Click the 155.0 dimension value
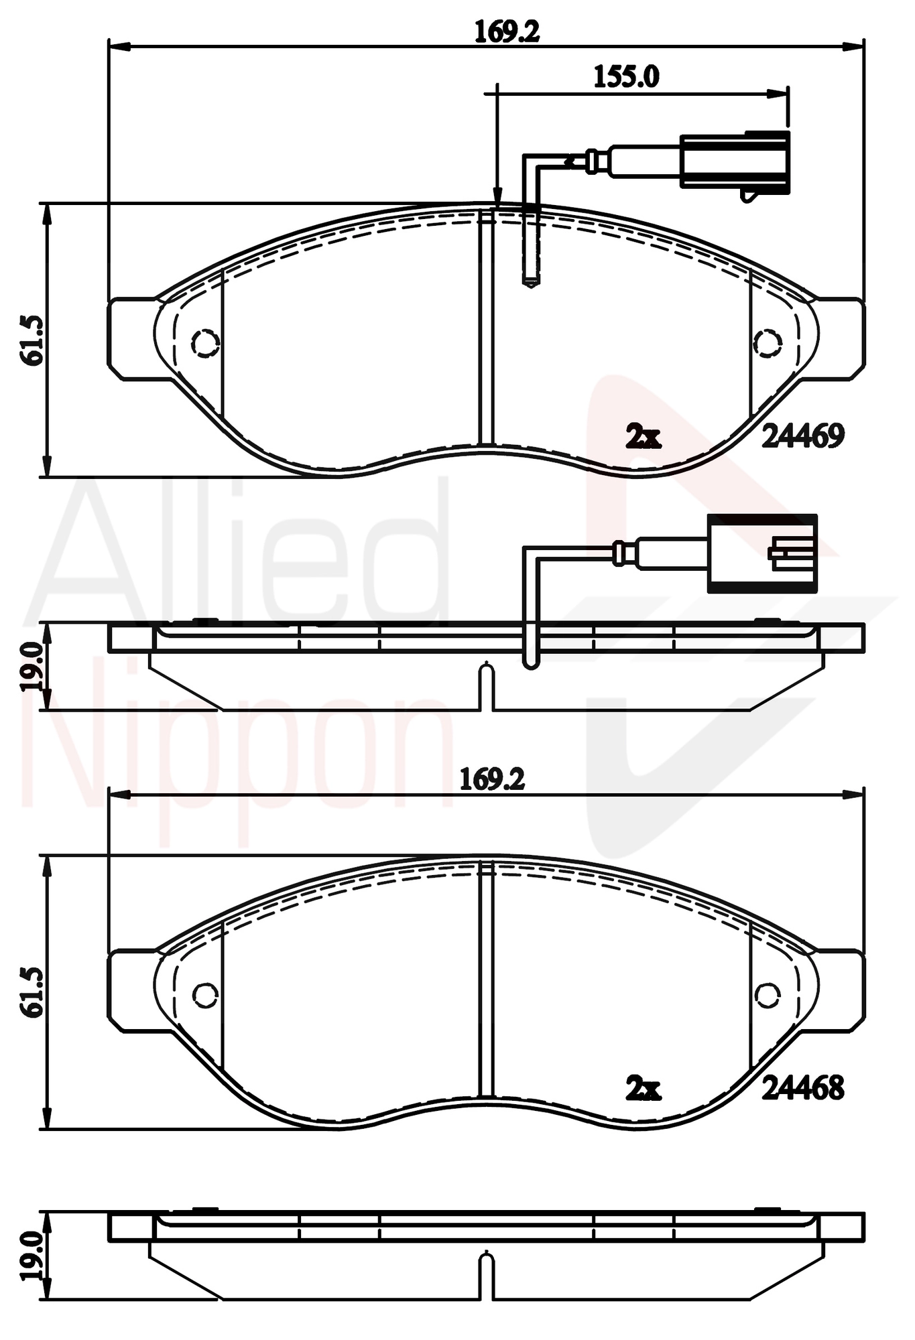tap(626, 76)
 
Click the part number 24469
tap(803, 436)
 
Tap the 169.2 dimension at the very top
tap(507, 31)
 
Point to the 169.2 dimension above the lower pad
tap(492, 779)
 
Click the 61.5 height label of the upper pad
tap(32, 340)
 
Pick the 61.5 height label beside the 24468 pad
tap(32, 992)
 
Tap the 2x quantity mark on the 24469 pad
tap(643, 437)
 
